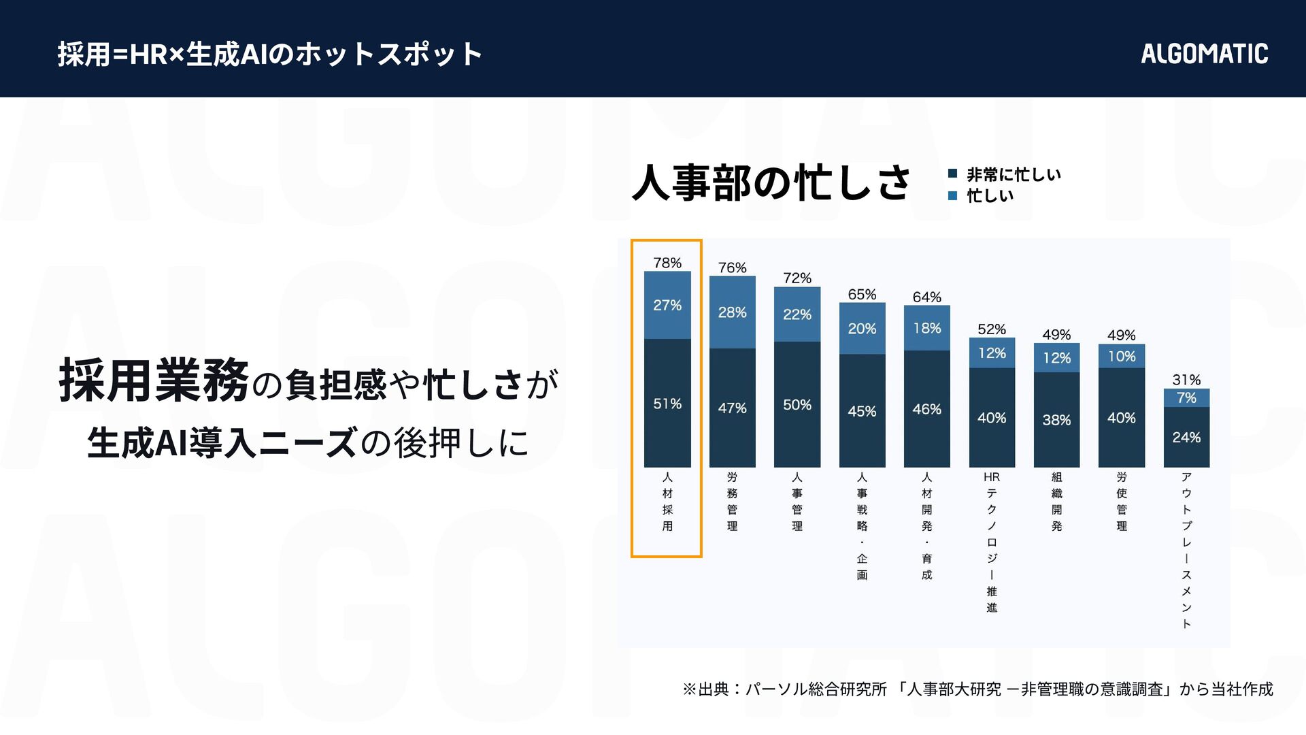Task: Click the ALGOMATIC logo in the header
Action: click(1204, 54)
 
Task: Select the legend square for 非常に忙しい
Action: click(953, 174)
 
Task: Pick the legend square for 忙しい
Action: click(953, 196)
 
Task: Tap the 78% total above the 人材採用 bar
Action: click(667, 263)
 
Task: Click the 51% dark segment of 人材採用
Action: click(667, 404)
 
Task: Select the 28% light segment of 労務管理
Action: click(732, 312)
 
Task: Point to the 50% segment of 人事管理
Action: click(797, 405)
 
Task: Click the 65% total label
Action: click(862, 294)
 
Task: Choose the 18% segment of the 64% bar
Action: click(927, 328)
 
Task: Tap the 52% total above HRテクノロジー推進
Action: click(992, 329)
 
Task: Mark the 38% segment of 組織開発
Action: click(1056, 420)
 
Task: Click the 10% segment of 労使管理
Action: click(1122, 356)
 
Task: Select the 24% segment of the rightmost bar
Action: click(1186, 437)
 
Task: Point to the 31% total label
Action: click(1186, 380)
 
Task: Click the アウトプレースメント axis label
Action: click(1186, 550)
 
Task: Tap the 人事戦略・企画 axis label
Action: click(862, 525)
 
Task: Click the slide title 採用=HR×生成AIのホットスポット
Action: click(270, 54)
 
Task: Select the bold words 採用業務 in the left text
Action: click(154, 381)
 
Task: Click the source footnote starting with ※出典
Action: click(977, 689)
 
